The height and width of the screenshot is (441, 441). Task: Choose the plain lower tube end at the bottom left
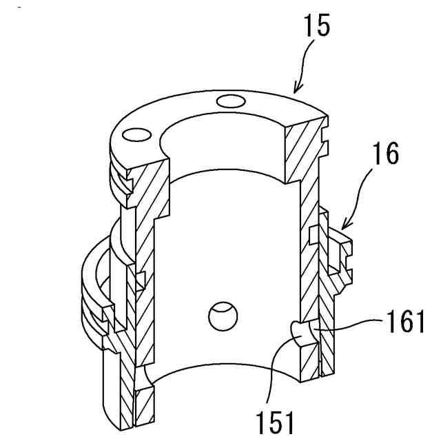114,386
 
